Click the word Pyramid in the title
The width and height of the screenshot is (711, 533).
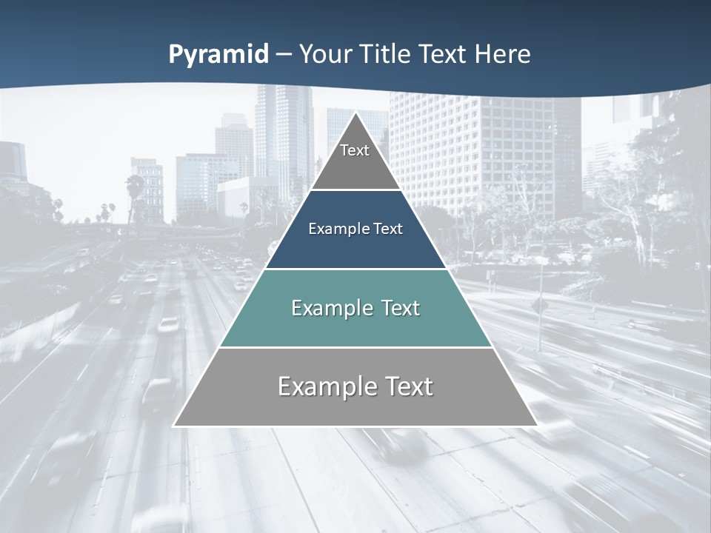[x=218, y=55]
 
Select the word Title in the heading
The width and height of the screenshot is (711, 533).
[x=390, y=55]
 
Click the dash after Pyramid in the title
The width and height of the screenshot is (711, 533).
[x=283, y=55]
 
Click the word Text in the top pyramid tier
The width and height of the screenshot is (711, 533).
[x=355, y=150]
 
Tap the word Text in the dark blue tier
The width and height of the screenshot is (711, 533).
[x=388, y=229]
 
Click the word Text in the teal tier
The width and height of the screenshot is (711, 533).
[x=401, y=308]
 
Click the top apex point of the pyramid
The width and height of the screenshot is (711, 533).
[x=355, y=113]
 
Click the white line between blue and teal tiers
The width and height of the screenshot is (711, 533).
[x=355, y=269]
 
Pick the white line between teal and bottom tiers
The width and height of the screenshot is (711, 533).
[x=355, y=347]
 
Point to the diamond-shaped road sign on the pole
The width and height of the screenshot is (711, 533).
[x=539, y=306]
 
